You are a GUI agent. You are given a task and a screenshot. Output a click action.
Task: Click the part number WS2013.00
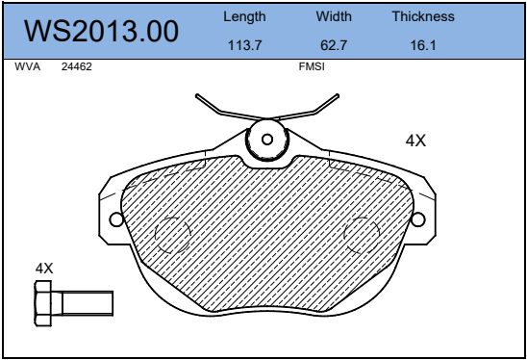pos(101,31)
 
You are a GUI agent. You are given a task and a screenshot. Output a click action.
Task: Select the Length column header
pos(244,16)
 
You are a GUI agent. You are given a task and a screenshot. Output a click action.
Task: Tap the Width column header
pos(334,16)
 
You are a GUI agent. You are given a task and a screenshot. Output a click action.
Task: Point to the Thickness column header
pos(423,16)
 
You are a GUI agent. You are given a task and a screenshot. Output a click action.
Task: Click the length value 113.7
pos(244,45)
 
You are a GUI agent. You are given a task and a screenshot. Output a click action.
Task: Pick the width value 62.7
pos(334,45)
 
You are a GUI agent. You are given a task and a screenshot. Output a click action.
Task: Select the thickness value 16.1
pos(423,45)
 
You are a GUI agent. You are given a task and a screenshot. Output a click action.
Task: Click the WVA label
pos(28,66)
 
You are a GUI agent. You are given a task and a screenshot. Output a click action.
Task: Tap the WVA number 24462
pos(77,66)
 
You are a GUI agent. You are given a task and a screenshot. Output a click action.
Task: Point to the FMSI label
pos(312,66)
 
